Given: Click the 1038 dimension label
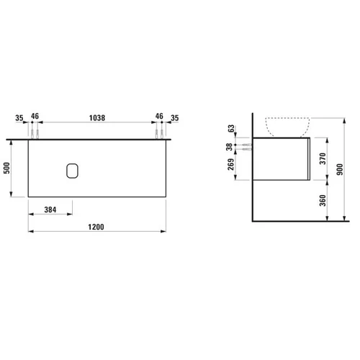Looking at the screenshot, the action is pos(97,118).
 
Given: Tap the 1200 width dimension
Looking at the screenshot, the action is pos(96,227).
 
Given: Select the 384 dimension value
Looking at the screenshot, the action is pos(50,210).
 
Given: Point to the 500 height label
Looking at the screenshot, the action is pos(7,168).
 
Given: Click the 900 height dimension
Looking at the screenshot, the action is pos(340,169).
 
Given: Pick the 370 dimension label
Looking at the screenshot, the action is pos(323,158).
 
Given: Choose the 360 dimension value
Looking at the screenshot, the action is pos(323,201).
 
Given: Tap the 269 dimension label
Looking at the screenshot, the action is pos(231,164).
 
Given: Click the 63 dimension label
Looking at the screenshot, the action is pos(231,128).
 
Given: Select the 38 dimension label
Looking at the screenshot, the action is pos(230,147).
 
